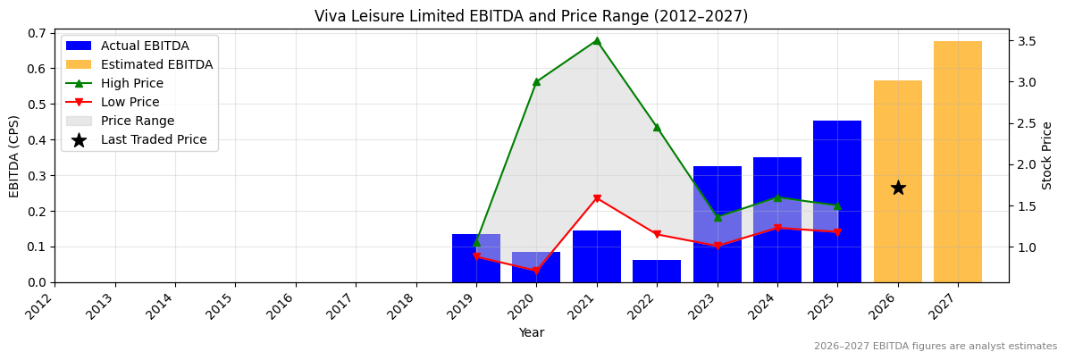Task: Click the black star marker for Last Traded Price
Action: (898, 188)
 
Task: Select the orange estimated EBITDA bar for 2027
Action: (958, 162)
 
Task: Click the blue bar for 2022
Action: (657, 272)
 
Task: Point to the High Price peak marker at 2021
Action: (597, 41)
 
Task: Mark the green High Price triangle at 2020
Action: (536, 82)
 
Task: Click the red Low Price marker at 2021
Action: (597, 198)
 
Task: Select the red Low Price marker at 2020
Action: (536, 271)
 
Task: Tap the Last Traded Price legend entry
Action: (153, 139)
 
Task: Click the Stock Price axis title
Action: (1047, 155)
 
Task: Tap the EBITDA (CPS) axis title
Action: (14, 155)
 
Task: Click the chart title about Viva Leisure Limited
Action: (531, 16)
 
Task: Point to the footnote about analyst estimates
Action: (935, 347)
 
